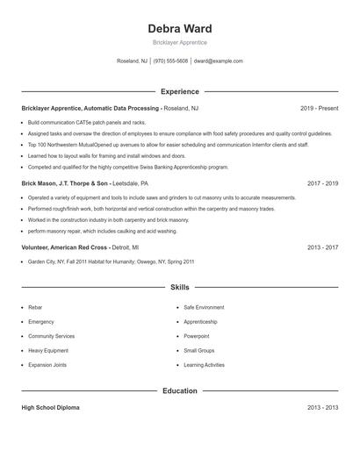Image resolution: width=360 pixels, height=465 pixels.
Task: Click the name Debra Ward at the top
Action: click(x=180, y=29)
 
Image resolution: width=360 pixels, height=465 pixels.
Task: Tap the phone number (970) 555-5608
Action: click(x=170, y=61)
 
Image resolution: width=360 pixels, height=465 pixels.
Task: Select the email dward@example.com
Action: click(x=218, y=61)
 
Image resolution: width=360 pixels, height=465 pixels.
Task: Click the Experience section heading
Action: click(x=180, y=91)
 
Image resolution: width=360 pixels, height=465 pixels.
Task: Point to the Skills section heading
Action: click(x=180, y=287)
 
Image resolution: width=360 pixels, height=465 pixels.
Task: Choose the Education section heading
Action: click(x=180, y=390)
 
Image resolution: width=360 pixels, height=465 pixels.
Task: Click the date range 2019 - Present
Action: click(x=319, y=108)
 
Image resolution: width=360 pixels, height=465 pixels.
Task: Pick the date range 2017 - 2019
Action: click(x=322, y=184)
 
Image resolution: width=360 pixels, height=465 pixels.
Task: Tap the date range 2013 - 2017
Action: click(x=322, y=247)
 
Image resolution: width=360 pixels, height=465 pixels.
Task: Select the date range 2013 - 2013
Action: click(x=322, y=408)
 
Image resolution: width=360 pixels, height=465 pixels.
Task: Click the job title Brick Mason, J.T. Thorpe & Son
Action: click(x=65, y=184)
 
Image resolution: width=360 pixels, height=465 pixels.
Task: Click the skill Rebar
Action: click(x=35, y=308)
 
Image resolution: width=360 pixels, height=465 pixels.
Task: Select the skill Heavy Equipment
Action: click(x=47, y=350)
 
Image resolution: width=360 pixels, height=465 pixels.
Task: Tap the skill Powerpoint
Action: click(x=197, y=336)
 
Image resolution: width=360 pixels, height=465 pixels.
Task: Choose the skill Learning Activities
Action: click(x=204, y=364)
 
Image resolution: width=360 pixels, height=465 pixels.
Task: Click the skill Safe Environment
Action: click(x=204, y=308)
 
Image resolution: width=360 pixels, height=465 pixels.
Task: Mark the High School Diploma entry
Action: click(x=52, y=408)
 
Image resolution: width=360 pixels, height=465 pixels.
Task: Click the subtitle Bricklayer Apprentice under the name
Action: click(x=180, y=43)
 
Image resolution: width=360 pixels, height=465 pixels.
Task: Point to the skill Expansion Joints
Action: click(x=47, y=364)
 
